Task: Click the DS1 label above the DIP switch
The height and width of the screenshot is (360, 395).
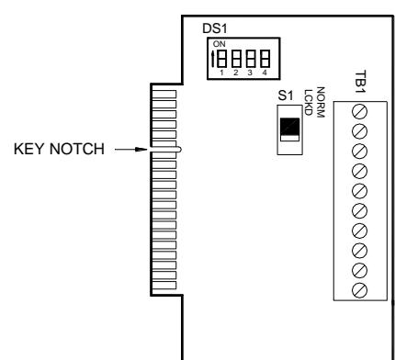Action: click(215, 28)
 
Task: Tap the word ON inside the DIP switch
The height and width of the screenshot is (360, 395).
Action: click(219, 44)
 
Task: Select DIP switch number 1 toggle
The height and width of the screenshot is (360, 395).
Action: click(222, 59)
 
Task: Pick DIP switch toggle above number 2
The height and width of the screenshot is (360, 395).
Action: click(236, 59)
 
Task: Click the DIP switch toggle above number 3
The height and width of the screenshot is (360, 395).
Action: click(251, 59)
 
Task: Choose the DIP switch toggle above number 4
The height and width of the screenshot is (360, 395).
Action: click(265, 59)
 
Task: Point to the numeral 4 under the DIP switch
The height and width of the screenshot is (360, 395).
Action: click(265, 73)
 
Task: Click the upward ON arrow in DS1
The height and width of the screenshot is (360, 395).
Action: click(213, 59)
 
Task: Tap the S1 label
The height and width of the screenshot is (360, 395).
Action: click(286, 96)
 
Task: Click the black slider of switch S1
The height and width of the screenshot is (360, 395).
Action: click(289, 126)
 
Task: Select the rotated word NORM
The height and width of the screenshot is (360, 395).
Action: click(320, 102)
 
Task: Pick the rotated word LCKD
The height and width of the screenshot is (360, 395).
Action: click(308, 102)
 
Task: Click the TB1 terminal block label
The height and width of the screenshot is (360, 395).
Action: click(360, 82)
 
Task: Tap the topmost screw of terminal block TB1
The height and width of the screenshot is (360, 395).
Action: click(359, 111)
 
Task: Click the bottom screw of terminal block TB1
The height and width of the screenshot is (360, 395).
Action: click(359, 290)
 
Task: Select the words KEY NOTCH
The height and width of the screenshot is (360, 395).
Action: click(59, 149)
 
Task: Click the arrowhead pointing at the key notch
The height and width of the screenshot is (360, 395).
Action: click(141, 150)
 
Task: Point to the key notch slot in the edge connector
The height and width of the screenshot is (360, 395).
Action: click(165, 150)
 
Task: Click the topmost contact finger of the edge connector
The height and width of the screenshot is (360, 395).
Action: click(164, 94)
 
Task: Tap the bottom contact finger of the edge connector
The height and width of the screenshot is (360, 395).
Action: click(164, 286)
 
